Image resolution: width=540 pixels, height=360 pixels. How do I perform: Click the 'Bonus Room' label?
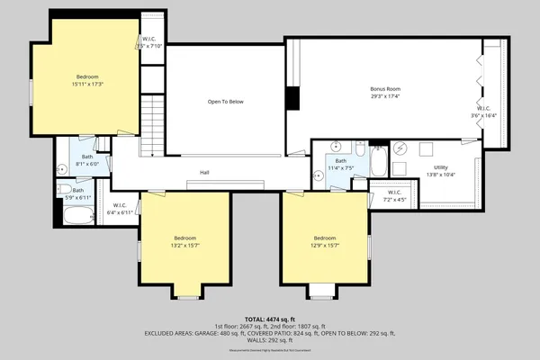[384, 89]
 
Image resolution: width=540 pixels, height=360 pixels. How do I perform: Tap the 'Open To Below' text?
[226, 102]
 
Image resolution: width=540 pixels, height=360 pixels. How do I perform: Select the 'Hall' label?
[204, 172]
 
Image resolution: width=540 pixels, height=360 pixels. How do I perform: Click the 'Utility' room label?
[440, 166]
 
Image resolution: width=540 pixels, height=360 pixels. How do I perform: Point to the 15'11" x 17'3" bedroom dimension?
[87, 84]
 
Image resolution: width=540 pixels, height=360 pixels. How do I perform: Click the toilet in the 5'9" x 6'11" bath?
[65, 190]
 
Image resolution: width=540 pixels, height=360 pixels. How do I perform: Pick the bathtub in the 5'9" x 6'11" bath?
[78, 217]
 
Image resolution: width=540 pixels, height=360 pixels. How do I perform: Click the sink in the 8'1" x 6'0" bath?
[62, 168]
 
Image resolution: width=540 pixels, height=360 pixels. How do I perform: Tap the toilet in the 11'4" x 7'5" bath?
[359, 148]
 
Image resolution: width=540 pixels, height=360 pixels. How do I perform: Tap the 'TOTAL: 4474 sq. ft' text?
[270, 319]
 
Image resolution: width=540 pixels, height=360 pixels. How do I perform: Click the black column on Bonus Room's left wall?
[292, 98]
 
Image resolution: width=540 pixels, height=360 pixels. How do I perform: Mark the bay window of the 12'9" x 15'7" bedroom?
[322, 292]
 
